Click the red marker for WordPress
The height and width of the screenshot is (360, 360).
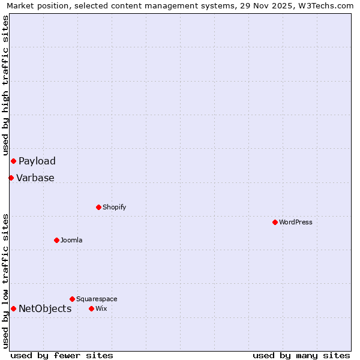pyautogui.click(x=275, y=222)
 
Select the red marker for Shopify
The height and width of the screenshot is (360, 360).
pyautogui.click(x=98, y=207)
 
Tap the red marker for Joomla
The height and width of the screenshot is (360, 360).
pyautogui.click(x=56, y=240)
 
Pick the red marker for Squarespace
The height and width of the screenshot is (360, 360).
pyautogui.click(x=72, y=299)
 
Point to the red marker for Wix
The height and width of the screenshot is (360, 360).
pyautogui.click(x=91, y=308)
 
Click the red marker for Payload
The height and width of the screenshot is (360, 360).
pyautogui.click(x=13, y=161)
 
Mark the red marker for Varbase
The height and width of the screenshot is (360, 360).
pyautogui.click(x=11, y=178)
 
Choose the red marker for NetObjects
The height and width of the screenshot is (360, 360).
pyautogui.click(x=13, y=308)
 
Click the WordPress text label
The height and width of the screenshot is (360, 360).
pyautogui.click(x=296, y=222)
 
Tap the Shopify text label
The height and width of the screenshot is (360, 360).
pyautogui.click(x=115, y=207)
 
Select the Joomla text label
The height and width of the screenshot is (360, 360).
pyautogui.click(x=71, y=240)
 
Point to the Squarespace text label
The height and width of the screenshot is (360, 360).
pyautogui.click(x=97, y=299)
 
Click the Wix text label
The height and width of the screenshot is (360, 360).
pyautogui.click(x=101, y=308)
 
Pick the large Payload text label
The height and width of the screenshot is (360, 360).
pyautogui.click(x=37, y=161)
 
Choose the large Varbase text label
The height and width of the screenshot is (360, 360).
pyautogui.click(x=35, y=178)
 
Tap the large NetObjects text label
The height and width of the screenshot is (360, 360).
pyautogui.click(x=45, y=308)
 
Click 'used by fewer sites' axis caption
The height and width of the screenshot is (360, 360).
pyautogui.click(x=62, y=355)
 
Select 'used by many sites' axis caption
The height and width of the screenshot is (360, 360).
pyautogui.click(x=301, y=355)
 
